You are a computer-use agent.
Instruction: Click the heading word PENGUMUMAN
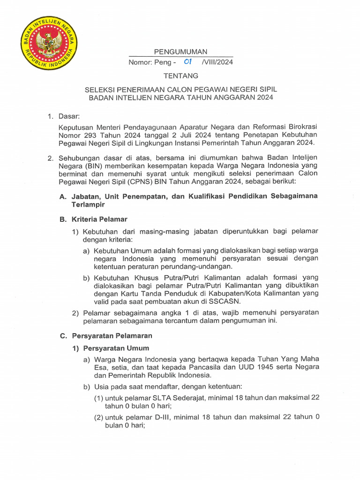[x=181, y=52]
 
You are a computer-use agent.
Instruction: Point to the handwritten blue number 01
[x=188, y=61]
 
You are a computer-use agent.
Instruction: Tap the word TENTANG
[x=181, y=75]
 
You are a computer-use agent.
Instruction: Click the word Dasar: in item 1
[x=69, y=116]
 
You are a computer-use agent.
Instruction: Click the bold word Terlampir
[x=88, y=205]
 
